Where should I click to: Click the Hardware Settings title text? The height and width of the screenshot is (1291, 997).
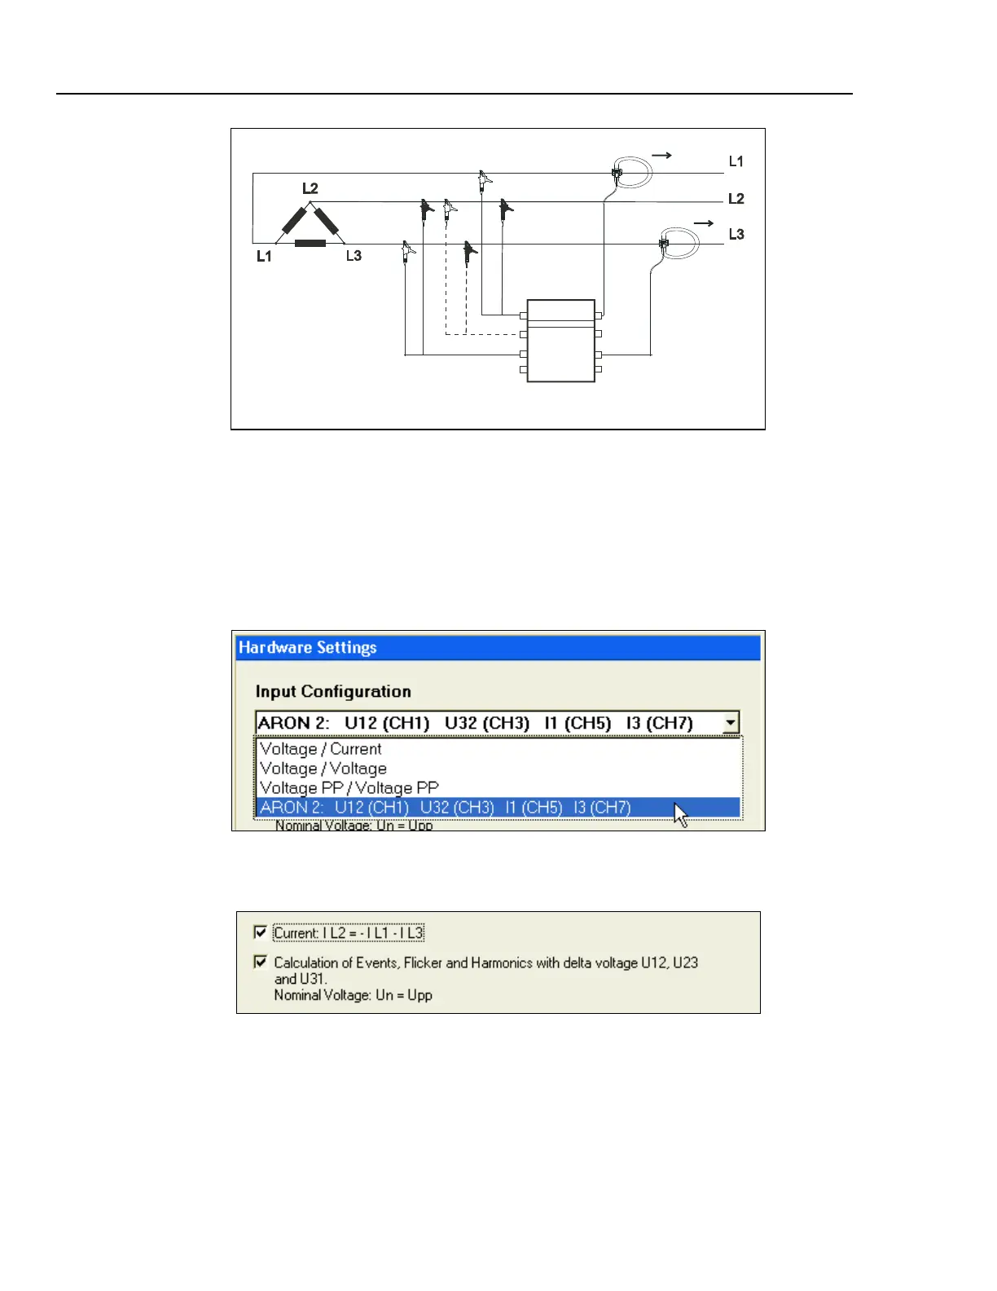[307, 648]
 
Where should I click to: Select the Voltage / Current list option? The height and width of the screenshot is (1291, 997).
[320, 749]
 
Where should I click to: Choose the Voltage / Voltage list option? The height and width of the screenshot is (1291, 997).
[323, 769]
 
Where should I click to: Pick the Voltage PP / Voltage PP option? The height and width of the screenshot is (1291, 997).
[349, 788]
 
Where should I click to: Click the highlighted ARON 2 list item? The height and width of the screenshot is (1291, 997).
[445, 808]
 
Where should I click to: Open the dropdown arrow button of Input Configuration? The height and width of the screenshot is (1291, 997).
[731, 723]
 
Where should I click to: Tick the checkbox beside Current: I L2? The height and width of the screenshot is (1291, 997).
[261, 932]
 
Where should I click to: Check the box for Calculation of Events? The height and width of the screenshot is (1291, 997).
[261, 962]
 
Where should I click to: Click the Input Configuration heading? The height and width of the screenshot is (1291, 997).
[332, 692]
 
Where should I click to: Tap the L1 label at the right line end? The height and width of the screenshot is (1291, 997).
[736, 161]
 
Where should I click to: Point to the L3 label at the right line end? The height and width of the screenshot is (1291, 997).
[736, 235]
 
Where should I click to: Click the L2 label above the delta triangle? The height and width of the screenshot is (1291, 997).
[310, 188]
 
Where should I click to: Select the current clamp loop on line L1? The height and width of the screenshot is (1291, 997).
[634, 172]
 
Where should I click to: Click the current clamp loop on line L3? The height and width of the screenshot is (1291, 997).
[681, 243]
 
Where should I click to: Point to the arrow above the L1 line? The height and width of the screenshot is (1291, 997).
[661, 155]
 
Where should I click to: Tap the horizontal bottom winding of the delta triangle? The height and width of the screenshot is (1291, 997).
[310, 243]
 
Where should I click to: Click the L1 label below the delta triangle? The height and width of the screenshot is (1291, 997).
[264, 256]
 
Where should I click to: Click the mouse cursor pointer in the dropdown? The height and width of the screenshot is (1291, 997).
[680, 814]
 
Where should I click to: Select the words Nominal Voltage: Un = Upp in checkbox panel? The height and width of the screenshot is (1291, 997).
[353, 995]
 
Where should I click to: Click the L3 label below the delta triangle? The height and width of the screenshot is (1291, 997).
[354, 256]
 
